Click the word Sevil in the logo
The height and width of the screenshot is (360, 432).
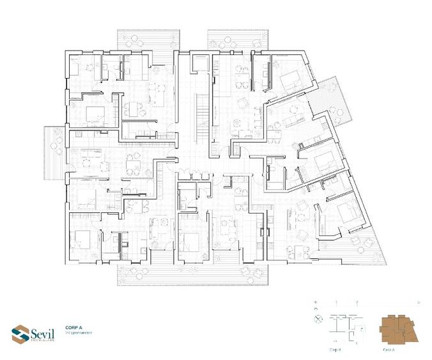pos(42,331)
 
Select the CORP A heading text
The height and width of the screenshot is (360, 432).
pos(75,326)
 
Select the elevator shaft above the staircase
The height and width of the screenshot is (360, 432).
pos(199,65)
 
